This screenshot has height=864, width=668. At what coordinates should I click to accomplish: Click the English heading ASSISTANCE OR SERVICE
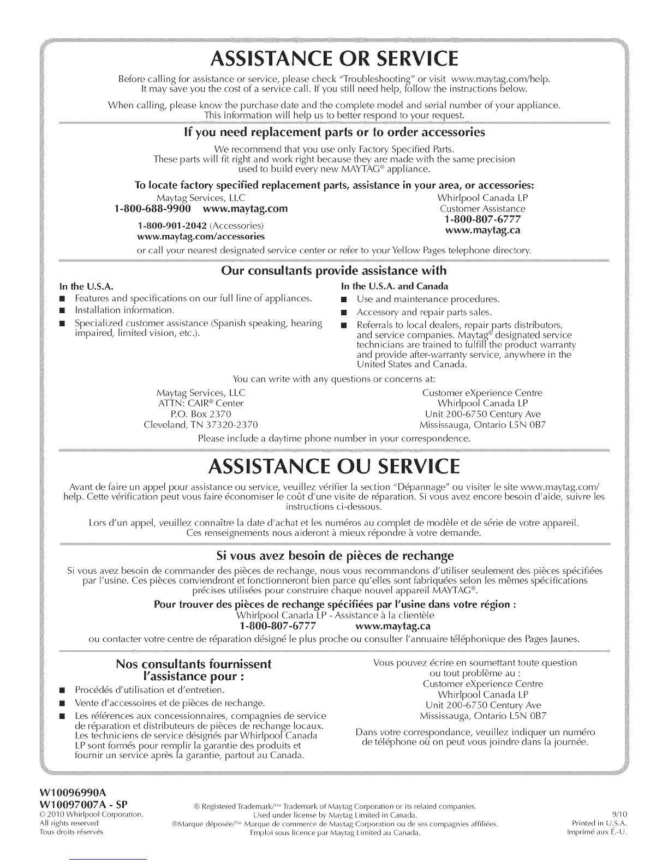pyautogui.click(x=333, y=57)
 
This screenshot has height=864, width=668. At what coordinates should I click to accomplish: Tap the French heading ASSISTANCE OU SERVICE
pyautogui.click(x=333, y=466)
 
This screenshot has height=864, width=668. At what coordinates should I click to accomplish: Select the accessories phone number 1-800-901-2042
pyautogui.click(x=172, y=226)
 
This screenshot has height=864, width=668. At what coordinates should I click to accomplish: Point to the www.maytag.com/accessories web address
pyautogui.click(x=200, y=237)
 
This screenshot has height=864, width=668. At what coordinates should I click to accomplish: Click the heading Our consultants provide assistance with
pyautogui.click(x=333, y=271)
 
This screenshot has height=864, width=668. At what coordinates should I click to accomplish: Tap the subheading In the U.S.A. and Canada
pyautogui.click(x=395, y=286)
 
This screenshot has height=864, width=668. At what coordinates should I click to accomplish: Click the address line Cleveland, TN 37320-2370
pyautogui.click(x=200, y=425)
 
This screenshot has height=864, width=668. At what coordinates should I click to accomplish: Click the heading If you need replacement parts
pyautogui.click(x=333, y=133)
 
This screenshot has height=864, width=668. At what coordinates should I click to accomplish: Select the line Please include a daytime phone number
pyautogui.click(x=333, y=438)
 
